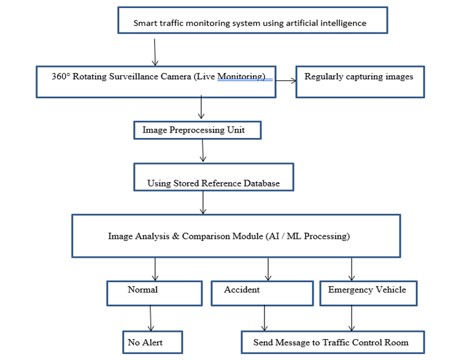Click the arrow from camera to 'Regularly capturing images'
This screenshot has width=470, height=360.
286,80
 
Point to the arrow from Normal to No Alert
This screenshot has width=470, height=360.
150,318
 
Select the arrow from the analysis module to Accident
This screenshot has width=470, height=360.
268,269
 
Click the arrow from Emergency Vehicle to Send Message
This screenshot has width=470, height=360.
352,318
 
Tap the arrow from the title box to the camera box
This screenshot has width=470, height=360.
155,52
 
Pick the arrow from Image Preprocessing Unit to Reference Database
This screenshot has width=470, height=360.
202,151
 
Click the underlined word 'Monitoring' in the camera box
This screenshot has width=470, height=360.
241,77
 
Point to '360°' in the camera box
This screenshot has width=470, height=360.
61,77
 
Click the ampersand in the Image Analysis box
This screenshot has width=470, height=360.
175,236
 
